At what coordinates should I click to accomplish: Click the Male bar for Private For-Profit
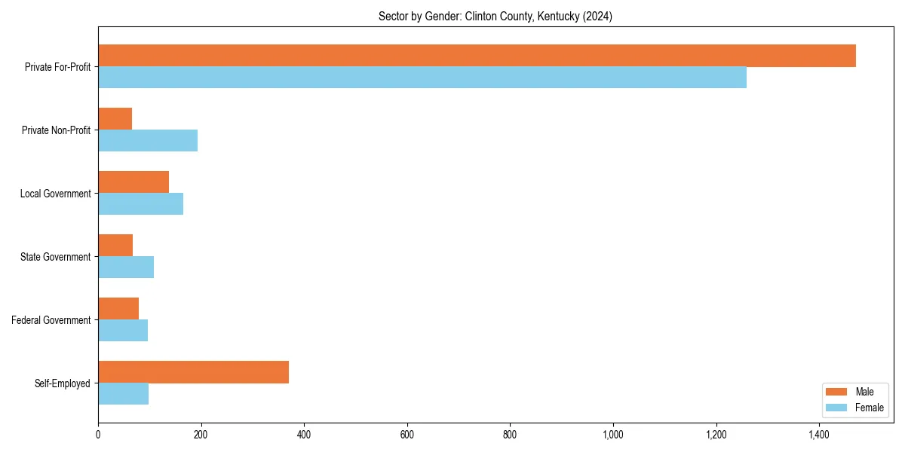pos(477,56)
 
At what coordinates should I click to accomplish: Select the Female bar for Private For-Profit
pos(422,78)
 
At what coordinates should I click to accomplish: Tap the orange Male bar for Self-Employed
pos(193,372)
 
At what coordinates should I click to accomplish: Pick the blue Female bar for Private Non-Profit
pos(148,141)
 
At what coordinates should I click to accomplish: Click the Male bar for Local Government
pos(133,182)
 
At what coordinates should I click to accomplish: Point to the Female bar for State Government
pos(126,267)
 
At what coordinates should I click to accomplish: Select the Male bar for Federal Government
pos(118,309)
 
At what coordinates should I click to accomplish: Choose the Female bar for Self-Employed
pos(123,394)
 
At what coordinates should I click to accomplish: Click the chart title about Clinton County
pos(495,17)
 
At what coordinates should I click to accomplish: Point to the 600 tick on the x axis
pos(407,435)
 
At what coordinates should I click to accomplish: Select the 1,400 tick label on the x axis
pos(819,435)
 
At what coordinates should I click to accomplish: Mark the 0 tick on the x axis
pos(98,435)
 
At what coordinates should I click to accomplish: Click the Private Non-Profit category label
pos(56,130)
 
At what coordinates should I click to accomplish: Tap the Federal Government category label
pos(51,320)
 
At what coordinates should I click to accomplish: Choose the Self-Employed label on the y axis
pos(62,383)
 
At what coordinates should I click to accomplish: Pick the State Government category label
pos(56,257)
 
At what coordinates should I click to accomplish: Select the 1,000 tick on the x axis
pos(613,435)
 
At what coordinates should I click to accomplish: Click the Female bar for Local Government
pos(140,204)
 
